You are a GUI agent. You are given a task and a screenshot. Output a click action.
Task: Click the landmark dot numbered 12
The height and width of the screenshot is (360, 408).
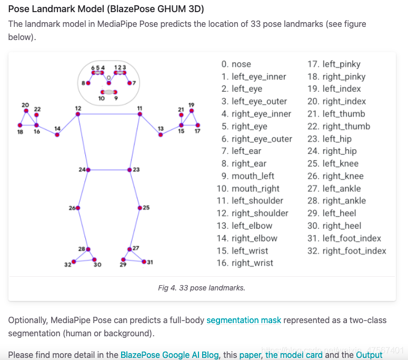tap(78, 114)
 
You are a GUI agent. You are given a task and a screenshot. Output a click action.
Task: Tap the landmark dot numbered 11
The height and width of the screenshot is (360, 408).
tap(140, 114)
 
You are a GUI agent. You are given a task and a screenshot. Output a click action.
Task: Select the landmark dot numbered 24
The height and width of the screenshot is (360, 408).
tap(88, 170)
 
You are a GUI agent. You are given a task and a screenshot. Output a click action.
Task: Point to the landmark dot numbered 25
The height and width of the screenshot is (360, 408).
tap(140, 208)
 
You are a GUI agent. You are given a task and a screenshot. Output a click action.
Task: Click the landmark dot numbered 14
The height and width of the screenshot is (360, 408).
tap(57, 135)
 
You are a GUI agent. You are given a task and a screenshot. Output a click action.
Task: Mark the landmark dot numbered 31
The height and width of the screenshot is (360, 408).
tap(143, 262)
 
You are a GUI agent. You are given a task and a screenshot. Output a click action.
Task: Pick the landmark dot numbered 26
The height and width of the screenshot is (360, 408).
tap(78, 208)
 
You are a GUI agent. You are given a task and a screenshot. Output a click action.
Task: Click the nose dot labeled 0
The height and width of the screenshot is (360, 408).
tap(109, 83)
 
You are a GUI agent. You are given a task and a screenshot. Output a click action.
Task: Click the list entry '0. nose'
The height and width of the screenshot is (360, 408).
tap(236, 64)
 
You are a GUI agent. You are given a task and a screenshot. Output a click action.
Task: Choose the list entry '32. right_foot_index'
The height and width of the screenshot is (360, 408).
tap(346, 251)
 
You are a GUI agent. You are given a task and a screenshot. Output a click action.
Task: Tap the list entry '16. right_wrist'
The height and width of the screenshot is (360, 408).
tap(245, 263)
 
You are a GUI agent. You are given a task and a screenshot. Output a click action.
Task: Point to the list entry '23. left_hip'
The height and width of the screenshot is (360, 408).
tap(329, 139)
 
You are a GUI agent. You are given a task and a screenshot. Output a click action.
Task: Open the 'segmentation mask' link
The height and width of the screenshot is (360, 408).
tap(244, 320)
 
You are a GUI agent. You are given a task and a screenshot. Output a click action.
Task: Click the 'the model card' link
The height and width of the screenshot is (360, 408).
tap(294, 355)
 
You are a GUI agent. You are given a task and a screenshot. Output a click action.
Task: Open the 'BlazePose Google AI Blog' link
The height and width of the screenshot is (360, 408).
tap(170, 355)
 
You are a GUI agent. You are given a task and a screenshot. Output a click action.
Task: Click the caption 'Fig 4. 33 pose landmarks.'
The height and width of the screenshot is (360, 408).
tap(202, 288)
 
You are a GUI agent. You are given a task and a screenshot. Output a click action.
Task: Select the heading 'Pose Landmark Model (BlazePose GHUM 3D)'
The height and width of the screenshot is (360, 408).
tap(106, 9)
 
